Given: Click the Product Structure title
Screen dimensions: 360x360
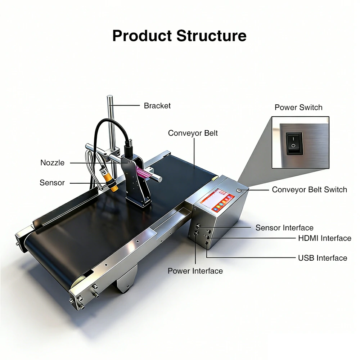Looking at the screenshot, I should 179,36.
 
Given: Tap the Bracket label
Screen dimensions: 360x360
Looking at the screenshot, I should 157,106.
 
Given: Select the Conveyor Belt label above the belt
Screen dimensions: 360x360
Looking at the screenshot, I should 193,133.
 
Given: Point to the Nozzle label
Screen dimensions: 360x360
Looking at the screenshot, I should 53,163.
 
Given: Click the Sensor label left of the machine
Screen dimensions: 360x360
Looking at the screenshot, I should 52,183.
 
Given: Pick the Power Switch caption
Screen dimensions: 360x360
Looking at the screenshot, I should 298,107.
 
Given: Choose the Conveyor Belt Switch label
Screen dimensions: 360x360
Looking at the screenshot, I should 309,190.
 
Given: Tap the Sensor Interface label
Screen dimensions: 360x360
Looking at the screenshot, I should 284,228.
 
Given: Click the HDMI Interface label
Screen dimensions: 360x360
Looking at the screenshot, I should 324,238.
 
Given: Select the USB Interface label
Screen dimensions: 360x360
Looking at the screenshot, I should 323,258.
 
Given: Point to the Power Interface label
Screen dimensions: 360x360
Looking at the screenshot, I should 195,271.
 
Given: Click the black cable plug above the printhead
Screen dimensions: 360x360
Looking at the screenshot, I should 128,148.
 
